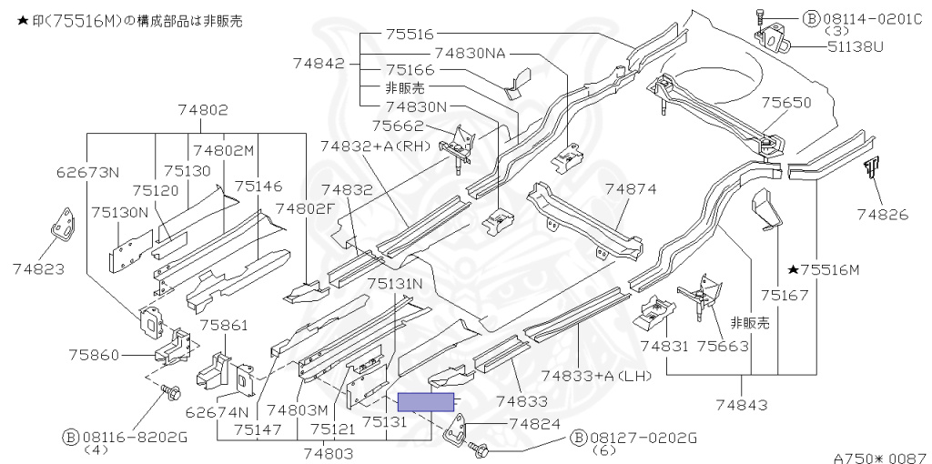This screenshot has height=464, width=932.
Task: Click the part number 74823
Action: tap(38, 269)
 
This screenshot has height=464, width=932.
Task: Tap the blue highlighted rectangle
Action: tap(426, 402)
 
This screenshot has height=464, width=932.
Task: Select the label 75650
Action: tap(785, 104)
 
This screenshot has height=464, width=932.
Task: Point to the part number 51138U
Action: tap(855, 45)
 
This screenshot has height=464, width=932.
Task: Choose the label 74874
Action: tap(631, 189)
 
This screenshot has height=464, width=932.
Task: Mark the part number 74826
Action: tap(883, 214)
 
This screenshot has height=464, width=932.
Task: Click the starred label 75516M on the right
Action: tap(823, 270)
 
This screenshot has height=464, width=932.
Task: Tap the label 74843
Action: tap(741, 405)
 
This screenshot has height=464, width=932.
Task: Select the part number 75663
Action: tap(723, 346)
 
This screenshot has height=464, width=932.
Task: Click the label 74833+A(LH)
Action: tap(597, 376)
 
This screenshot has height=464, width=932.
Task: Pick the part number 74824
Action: tap(535, 424)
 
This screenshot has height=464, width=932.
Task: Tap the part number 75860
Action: tap(94, 355)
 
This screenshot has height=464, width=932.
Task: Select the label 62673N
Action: tap(88, 172)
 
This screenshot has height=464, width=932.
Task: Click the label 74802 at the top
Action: tap(203, 110)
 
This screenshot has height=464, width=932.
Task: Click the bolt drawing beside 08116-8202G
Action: tap(170, 392)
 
